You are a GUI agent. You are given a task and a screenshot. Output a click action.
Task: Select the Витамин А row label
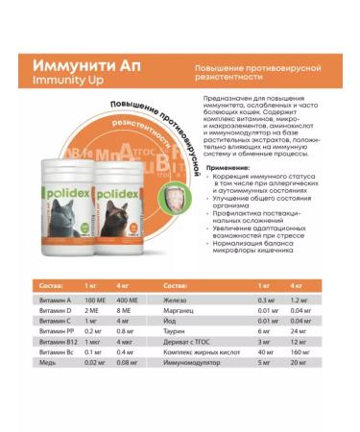[x=53, y=300]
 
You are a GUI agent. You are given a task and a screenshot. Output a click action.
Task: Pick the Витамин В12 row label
[x=55, y=341]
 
